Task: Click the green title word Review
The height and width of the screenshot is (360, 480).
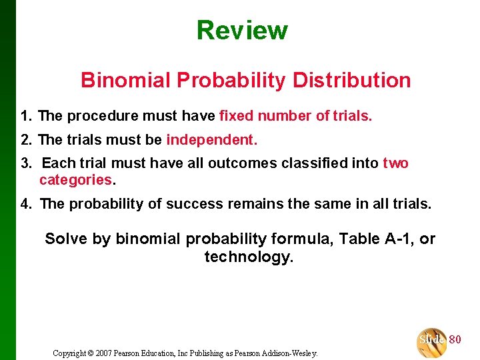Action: tap(242, 31)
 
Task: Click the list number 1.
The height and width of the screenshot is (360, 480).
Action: tap(25, 116)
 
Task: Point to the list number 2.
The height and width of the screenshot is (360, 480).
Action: tap(25, 140)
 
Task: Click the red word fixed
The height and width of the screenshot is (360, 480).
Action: tap(236, 116)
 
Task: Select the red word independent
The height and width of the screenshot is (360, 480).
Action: tap(210, 140)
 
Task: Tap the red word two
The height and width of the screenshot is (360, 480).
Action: tap(395, 163)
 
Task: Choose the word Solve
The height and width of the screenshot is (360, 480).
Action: tap(65, 239)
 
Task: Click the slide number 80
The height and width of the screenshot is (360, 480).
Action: tap(455, 340)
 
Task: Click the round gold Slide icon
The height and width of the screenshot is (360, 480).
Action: tap(431, 341)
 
